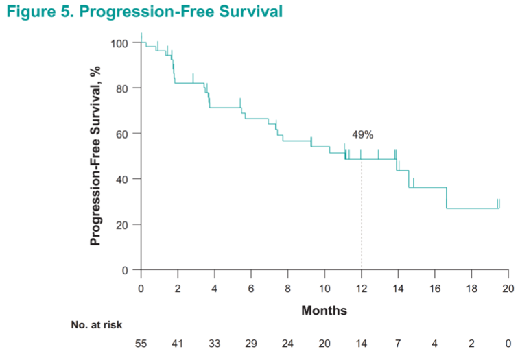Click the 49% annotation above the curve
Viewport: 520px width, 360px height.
tap(362, 136)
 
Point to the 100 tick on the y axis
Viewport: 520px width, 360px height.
tap(120, 43)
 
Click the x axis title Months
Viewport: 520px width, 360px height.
tap(324, 311)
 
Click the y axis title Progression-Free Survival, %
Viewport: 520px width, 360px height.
tap(97, 155)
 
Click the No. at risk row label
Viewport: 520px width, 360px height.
tap(97, 325)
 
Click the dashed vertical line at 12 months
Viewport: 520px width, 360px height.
tap(362, 219)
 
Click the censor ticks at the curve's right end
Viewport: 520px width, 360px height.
tap(499, 204)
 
